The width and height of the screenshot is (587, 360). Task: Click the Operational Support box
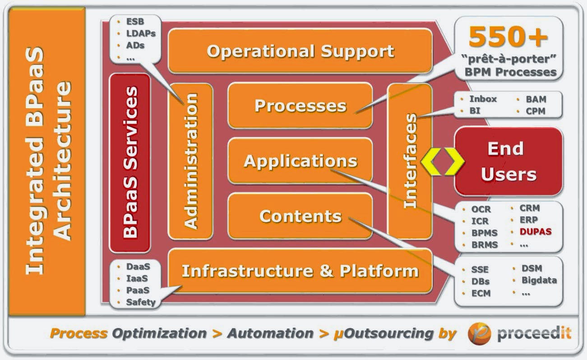point(300,51)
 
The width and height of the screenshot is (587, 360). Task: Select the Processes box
point(300,106)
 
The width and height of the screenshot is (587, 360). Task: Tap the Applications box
point(300,161)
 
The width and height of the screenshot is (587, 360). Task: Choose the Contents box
point(300,216)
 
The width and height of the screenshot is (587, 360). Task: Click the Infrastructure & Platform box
point(300,271)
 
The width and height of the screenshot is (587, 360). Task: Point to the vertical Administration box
point(190,161)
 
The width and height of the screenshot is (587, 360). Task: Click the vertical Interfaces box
point(410,161)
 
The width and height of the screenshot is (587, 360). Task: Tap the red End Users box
point(508,161)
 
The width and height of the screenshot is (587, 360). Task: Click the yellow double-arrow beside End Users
point(442,161)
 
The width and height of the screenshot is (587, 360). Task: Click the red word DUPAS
point(536,232)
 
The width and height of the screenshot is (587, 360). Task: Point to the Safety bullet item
point(140,302)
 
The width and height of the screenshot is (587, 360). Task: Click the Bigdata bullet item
point(539,280)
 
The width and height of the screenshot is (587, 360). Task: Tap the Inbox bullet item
point(483,99)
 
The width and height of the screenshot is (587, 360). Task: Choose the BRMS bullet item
point(485,245)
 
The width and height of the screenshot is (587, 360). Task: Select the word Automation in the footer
point(270,334)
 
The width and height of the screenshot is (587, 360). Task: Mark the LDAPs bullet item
point(140,33)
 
